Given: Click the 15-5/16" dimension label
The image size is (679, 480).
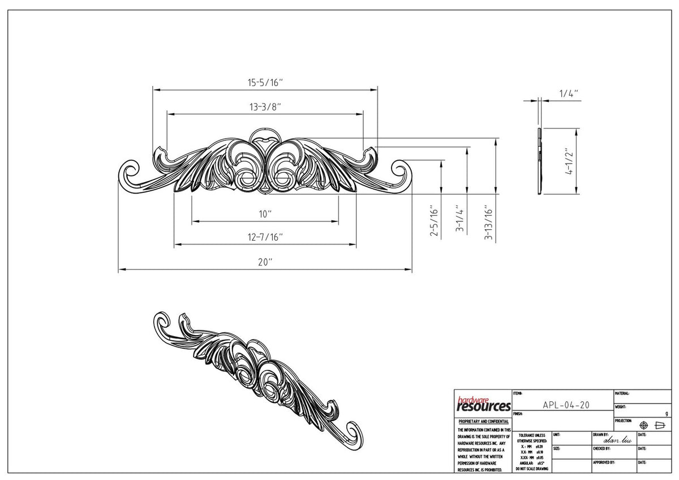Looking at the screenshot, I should (x=265, y=83).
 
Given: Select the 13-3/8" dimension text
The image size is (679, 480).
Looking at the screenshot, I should (x=265, y=106).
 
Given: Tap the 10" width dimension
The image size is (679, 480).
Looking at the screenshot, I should (x=265, y=214).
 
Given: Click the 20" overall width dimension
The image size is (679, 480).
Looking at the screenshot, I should (x=265, y=263).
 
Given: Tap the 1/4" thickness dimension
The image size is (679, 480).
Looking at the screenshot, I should (x=568, y=94).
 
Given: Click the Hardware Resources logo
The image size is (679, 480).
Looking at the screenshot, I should (x=483, y=404).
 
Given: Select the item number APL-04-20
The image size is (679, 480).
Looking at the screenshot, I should (x=566, y=405).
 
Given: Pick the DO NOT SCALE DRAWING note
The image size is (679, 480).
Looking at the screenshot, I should (x=531, y=469).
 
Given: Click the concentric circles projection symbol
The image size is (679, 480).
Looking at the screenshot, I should (x=643, y=425).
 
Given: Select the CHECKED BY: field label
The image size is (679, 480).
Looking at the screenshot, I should (x=601, y=448).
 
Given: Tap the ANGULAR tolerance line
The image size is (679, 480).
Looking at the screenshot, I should (x=531, y=463).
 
